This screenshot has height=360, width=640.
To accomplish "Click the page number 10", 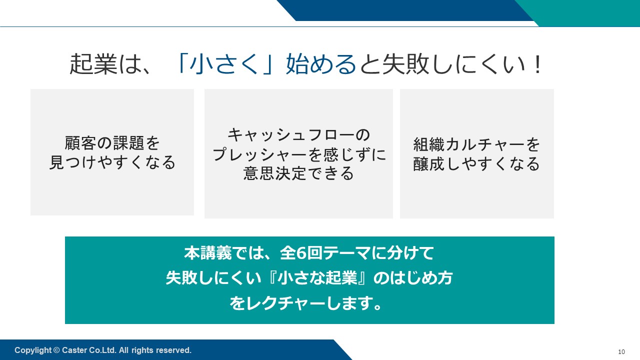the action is pyautogui.click(x=621, y=351).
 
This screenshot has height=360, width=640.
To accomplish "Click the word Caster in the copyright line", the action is pyautogui.click(x=74, y=350).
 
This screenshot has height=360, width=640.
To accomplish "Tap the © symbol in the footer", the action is pyautogui.click(x=56, y=350).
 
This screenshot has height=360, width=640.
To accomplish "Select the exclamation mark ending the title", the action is pyautogui.click(x=537, y=64).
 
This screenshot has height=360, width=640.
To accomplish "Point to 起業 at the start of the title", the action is pyautogui.click(x=93, y=64).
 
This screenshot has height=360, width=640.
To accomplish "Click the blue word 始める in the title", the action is pyautogui.click(x=321, y=64).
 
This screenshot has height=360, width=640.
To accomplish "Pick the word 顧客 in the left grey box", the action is pyautogui.click(x=80, y=143).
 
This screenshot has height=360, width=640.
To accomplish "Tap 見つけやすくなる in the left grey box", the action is pyautogui.click(x=112, y=162).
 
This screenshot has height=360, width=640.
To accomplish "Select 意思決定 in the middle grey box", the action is pyautogui.click(x=274, y=173).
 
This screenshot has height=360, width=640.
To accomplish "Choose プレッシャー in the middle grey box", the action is pyautogui.click(x=259, y=154).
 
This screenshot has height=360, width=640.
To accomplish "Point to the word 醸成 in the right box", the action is pyautogui.click(x=429, y=163).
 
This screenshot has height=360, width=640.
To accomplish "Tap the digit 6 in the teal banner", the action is pyautogui.click(x=301, y=253).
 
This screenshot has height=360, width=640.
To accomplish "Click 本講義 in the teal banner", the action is pyautogui.click(x=207, y=253).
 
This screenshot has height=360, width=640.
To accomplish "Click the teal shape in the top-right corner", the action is pyautogui.click(x=583, y=13).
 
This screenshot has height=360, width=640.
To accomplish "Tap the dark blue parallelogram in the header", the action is pyautogui.click(x=405, y=10).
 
